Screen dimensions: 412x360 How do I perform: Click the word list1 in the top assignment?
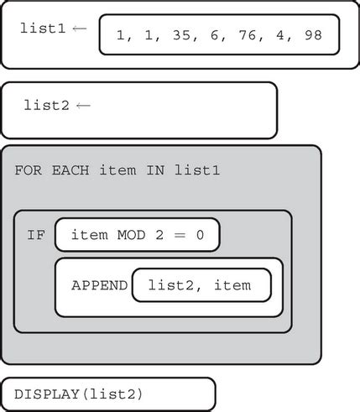tap(42, 29)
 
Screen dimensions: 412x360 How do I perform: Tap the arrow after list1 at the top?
tap(79, 29)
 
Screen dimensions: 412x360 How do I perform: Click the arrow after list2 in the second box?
tap(82, 106)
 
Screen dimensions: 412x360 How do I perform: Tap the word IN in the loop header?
tap(156, 170)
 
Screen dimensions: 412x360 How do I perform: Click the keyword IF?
tap(35, 235)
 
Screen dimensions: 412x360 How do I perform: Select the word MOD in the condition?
tap(133, 235)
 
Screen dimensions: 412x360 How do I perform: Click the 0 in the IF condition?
tap(200, 235)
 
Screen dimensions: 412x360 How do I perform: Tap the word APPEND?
tap(99, 285)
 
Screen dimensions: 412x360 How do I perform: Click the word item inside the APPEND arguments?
tap(232, 285)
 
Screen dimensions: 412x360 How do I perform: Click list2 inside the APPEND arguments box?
tap(173, 285)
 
